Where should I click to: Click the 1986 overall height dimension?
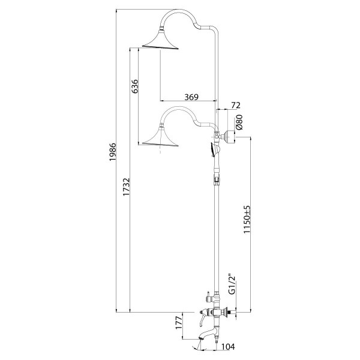pos(113,152)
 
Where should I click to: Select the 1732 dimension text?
pos(126,187)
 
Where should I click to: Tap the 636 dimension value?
pos(135,86)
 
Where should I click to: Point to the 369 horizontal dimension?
pos(191,97)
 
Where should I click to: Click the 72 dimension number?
pos(236,106)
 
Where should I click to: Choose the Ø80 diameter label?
pos(239,122)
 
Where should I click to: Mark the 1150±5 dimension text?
pos(247,220)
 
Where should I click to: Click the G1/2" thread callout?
pos(233,284)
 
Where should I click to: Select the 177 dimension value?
pos(179,323)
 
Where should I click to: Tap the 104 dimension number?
pos(228,347)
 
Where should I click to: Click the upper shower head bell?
pos(160,40)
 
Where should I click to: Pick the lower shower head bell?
pos(160,137)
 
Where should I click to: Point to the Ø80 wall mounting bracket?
pos(230,137)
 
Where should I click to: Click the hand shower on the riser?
pos(214,149)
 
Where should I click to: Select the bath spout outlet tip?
pos(200,339)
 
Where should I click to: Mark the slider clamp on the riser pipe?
pos(216,178)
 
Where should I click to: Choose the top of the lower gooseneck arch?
pos(178,107)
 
